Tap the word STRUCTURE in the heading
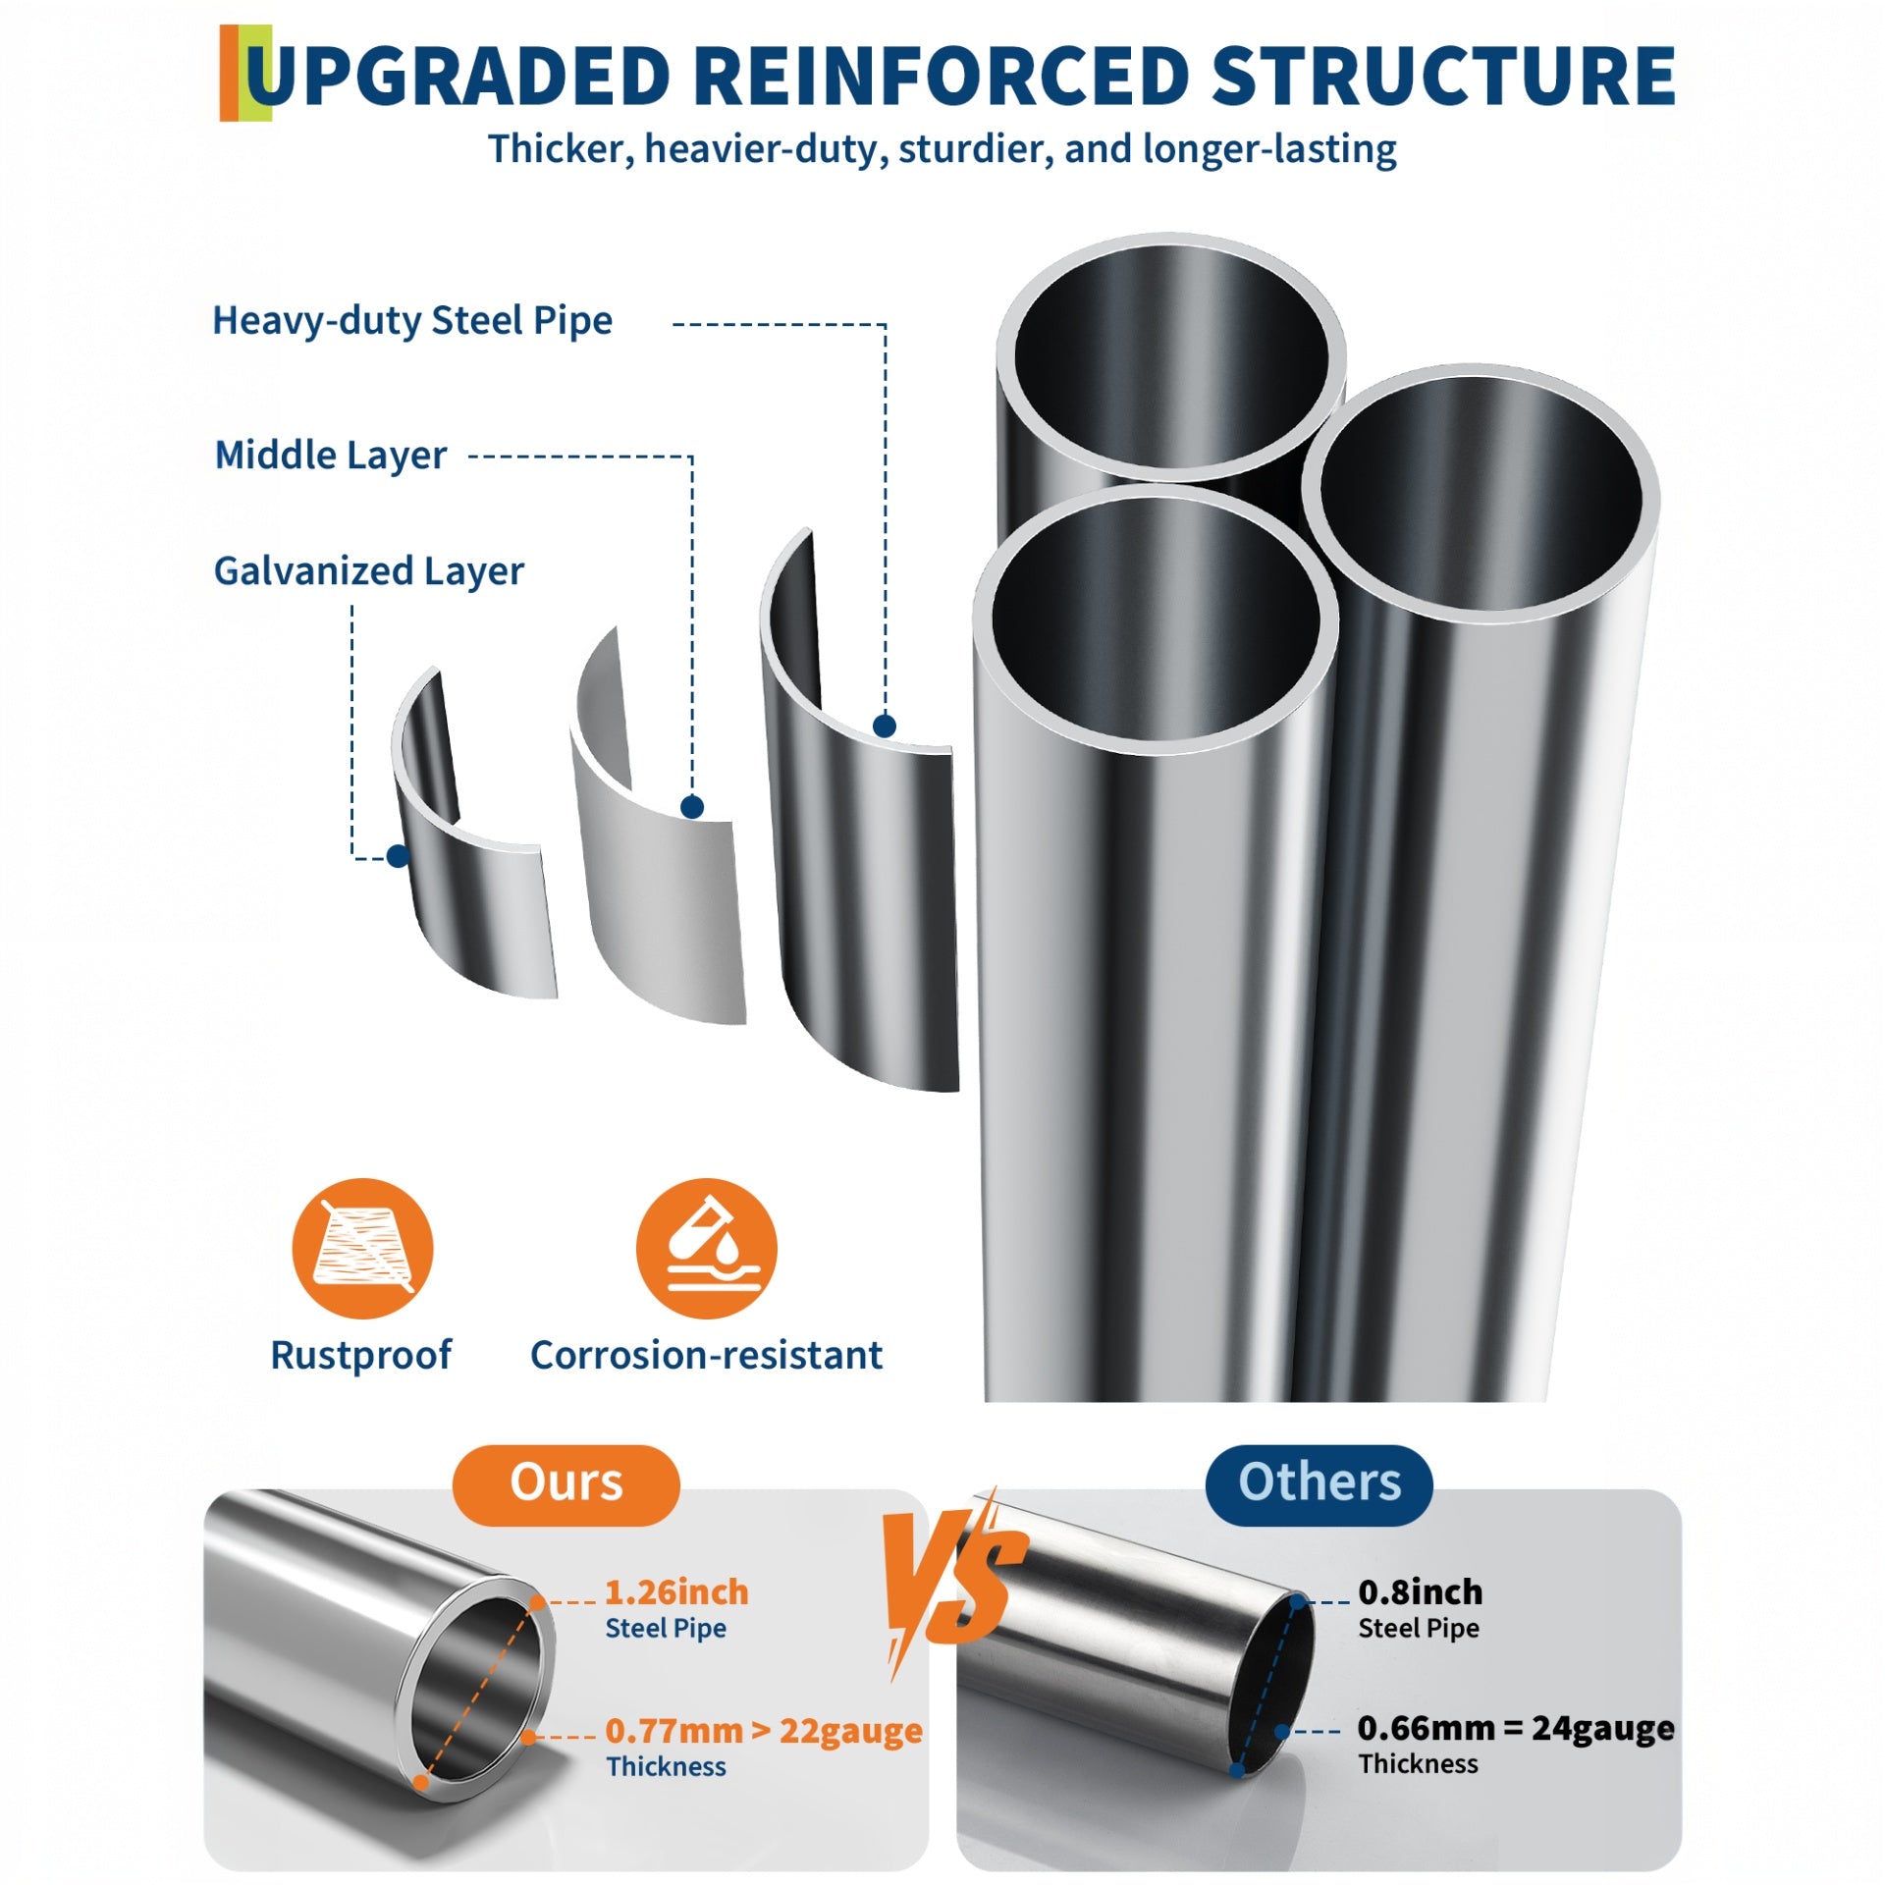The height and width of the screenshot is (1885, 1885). click(1443, 77)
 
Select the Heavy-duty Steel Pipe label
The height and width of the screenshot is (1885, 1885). click(412, 321)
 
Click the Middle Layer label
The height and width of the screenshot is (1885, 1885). click(331, 456)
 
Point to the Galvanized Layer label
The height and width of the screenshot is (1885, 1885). click(369, 571)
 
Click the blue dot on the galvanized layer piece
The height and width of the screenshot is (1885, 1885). click(398, 856)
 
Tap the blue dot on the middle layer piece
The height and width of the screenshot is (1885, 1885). click(692, 807)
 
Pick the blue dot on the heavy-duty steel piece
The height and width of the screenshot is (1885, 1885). click(885, 726)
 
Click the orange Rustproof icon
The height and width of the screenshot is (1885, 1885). click(362, 1248)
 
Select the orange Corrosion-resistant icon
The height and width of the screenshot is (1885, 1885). click(706, 1248)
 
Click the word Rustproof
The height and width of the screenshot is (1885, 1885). click(360, 1356)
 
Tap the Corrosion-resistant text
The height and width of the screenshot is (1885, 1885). click(706, 1356)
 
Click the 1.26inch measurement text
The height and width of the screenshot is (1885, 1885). click(676, 1592)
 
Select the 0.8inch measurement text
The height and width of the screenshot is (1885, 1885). click(1420, 1592)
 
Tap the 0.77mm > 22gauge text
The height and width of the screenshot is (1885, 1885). click(764, 1731)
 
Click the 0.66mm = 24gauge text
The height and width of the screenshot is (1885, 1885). click(1516, 1728)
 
